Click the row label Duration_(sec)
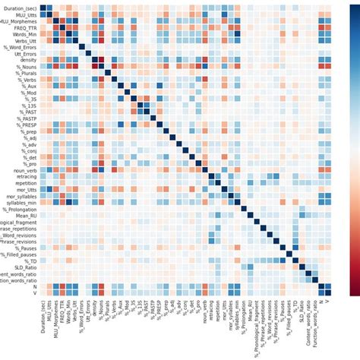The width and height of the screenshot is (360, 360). (x=18, y=7)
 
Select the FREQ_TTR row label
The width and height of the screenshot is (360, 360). (x=21, y=27)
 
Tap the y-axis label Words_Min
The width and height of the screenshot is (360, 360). (x=21, y=34)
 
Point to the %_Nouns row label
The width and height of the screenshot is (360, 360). (x=24, y=67)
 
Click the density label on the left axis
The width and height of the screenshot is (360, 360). (x=26, y=58)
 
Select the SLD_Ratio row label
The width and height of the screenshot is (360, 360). (x=21, y=267)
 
